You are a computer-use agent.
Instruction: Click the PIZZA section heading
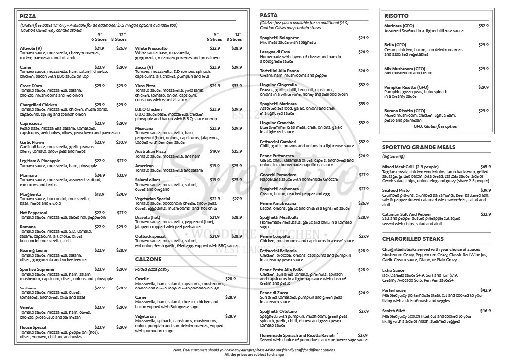[x=28, y=16]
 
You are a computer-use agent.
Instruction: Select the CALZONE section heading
[x=148, y=259]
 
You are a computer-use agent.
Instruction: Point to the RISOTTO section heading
[x=396, y=16]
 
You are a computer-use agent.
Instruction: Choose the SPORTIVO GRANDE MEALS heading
[x=419, y=147]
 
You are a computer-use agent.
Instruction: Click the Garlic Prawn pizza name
[x=32, y=142]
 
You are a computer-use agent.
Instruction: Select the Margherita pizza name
[x=30, y=194]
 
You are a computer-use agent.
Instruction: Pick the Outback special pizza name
[x=150, y=236]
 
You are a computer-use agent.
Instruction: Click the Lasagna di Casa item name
[x=275, y=52]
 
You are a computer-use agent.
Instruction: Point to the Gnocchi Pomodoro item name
[x=278, y=175]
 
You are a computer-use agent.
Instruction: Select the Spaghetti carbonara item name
[x=279, y=189]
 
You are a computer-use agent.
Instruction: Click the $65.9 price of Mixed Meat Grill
[x=485, y=167]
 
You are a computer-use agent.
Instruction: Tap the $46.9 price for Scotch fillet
[x=485, y=311]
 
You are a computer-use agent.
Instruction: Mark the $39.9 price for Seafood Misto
[x=485, y=190]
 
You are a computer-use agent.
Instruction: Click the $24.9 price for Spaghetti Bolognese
[x=363, y=38]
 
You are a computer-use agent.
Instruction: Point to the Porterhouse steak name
[x=394, y=290]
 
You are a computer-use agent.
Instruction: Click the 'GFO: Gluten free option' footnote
[x=437, y=127]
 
